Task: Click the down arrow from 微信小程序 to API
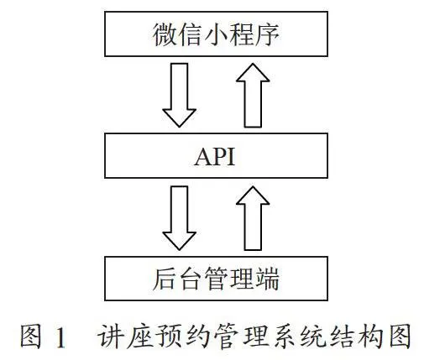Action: click(x=180, y=95)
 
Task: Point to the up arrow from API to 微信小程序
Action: click(x=253, y=95)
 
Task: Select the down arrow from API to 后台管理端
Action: click(x=180, y=218)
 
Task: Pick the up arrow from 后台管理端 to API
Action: click(x=253, y=218)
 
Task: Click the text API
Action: click(x=215, y=157)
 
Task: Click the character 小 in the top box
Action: click(x=216, y=34)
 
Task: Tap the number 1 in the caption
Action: click(x=60, y=337)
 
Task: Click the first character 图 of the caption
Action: click(x=31, y=337)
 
